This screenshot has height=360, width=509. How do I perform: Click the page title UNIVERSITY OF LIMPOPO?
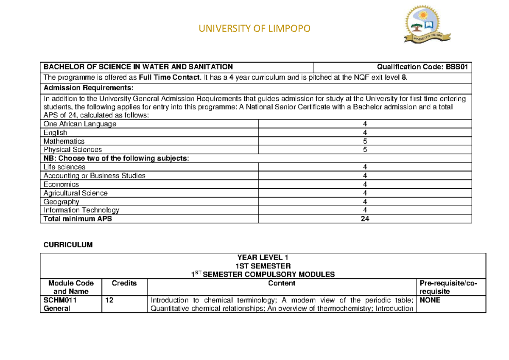(255, 28)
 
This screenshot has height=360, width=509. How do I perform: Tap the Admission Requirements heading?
(88, 88)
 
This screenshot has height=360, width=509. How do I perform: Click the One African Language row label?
(80, 124)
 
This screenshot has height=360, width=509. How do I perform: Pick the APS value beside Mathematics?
(365, 141)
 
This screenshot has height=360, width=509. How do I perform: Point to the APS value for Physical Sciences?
(365, 150)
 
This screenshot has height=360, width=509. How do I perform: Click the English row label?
(55, 133)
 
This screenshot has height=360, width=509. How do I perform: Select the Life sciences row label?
(64, 167)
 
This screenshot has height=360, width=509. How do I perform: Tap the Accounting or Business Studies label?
(94, 176)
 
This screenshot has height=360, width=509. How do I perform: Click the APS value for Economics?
(365, 184)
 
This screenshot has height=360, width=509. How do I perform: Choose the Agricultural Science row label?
(76, 193)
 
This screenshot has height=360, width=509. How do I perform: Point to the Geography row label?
(61, 202)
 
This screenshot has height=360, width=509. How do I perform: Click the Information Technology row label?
(81, 210)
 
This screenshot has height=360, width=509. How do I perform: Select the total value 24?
(365, 219)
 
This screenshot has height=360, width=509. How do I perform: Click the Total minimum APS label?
(78, 219)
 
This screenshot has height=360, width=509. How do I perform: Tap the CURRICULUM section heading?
(68, 245)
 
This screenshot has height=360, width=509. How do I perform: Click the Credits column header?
(124, 283)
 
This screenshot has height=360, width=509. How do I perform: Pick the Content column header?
(282, 283)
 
